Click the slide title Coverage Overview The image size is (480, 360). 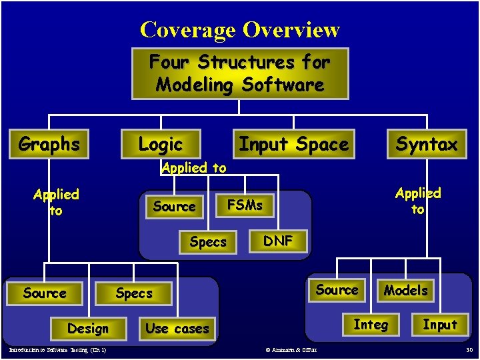(240, 30)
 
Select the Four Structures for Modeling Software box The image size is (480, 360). (240, 73)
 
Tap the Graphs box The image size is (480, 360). (49, 144)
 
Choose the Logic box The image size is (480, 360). (160, 144)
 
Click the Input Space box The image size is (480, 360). (293, 144)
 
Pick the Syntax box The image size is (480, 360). (427, 144)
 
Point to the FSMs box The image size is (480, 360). (245, 205)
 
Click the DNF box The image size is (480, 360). (278, 241)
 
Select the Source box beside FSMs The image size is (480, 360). (174, 207)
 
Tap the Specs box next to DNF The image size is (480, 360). (208, 242)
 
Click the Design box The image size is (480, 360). (87, 329)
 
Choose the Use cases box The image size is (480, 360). (177, 329)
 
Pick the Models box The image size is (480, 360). (405, 290)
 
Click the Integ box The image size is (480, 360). (371, 325)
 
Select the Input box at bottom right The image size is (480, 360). (440, 325)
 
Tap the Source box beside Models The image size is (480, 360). (337, 289)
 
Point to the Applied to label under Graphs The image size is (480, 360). (56, 202)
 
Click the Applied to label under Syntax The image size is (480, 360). (418, 201)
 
